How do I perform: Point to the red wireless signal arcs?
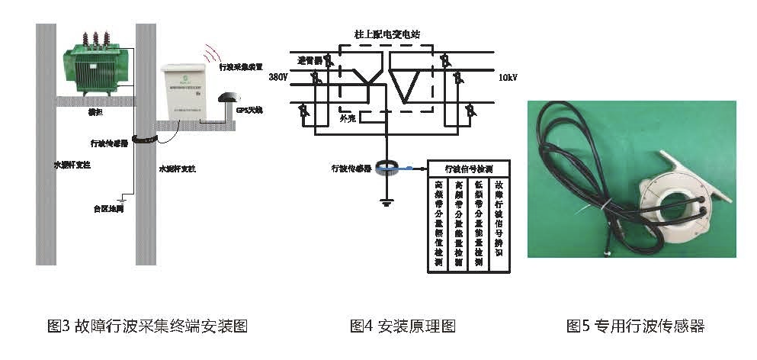(x=210, y=54)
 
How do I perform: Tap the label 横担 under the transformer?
(x=95, y=111)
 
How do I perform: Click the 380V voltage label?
(x=279, y=78)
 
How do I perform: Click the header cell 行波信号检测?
(x=471, y=167)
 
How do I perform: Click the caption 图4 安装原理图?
(x=403, y=326)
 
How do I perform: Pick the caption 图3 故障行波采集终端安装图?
(x=147, y=326)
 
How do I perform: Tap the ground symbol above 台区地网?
(x=117, y=194)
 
